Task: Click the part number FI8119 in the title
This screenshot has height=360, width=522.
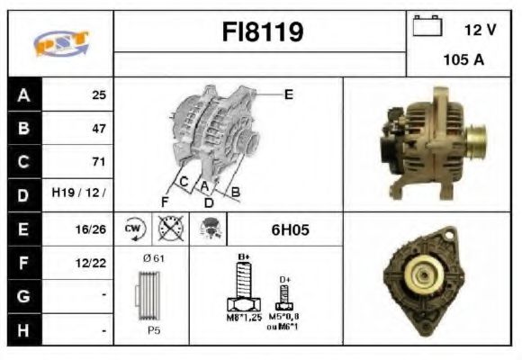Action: (262, 33)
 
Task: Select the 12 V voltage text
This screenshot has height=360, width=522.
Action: (480, 30)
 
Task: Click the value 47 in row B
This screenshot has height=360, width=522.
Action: (98, 129)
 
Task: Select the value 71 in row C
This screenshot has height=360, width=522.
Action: (98, 162)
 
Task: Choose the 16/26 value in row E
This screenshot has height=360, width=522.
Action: (92, 229)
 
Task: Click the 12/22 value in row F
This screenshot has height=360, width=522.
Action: (92, 263)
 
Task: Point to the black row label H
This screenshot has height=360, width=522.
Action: (23, 330)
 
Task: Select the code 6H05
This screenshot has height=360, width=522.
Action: (290, 229)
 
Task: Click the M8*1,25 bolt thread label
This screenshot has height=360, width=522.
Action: (243, 318)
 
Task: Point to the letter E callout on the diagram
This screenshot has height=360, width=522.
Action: (288, 94)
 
